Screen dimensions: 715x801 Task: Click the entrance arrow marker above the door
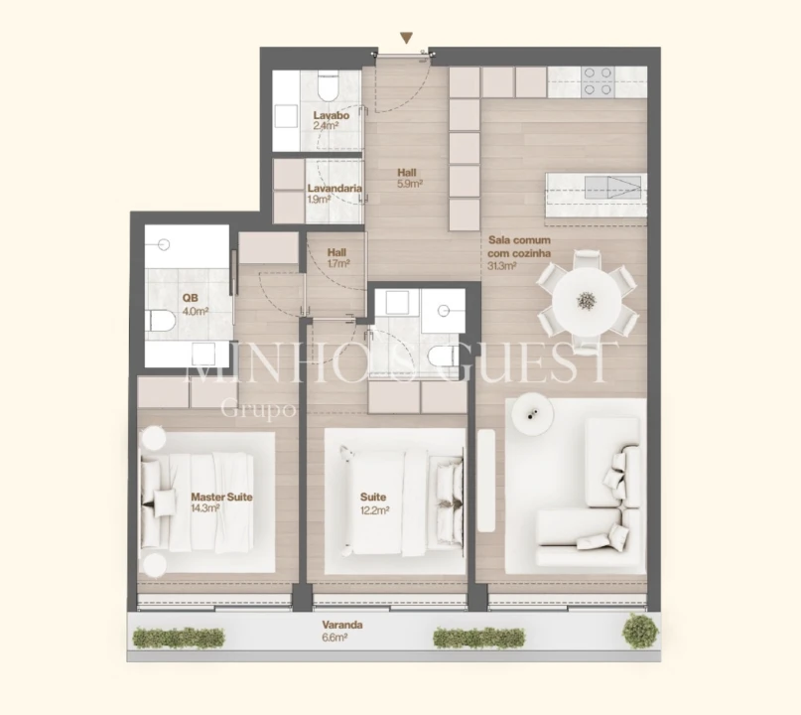[x=406, y=38]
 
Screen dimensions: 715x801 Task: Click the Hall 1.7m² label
[x=336, y=258]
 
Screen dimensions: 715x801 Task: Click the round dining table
[x=587, y=298]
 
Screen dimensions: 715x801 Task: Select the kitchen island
[x=595, y=194]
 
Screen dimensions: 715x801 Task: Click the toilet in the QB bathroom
[x=161, y=320]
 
